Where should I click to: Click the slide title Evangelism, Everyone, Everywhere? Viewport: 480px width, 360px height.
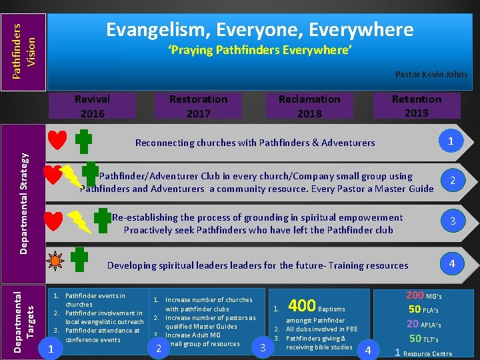(x=260, y=29)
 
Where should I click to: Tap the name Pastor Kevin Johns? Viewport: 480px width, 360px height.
(x=431, y=74)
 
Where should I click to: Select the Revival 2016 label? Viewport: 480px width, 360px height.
(x=92, y=106)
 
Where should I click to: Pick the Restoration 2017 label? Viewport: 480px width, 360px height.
(x=198, y=106)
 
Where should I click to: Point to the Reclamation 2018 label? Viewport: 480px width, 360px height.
(x=309, y=106)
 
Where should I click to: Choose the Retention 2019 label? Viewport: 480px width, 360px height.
(x=417, y=105)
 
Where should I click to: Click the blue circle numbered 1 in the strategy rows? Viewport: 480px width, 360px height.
(x=451, y=141)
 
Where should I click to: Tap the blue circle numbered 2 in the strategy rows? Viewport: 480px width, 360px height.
(x=453, y=181)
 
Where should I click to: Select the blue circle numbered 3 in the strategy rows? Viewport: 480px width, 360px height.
(x=453, y=221)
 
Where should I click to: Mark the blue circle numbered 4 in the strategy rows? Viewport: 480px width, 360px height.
(x=452, y=264)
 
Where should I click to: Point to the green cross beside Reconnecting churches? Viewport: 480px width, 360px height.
(x=83, y=141)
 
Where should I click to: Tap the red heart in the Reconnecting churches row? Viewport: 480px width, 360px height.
(x=57, y=141)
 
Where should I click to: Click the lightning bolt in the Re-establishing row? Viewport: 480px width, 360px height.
(x=80, y=221)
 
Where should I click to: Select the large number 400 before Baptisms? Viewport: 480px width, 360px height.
(x=301, y=306)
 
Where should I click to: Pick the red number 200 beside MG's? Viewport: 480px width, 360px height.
(x=415, y=295)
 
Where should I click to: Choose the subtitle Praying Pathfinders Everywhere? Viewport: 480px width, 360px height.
(x=259, y=51)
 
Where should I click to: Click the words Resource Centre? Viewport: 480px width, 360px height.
(x=429, y=354)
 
